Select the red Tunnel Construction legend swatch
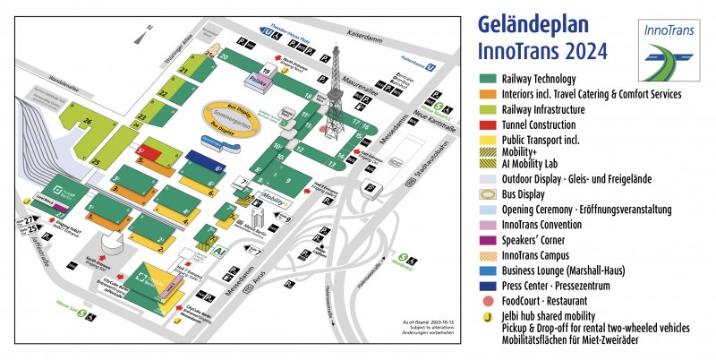[x=490, y=124]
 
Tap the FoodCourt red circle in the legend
[x=490, y=300]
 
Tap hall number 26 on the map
[x=88, y=121]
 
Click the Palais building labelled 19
[x=260, y=80]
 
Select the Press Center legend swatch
[x=490, y=286]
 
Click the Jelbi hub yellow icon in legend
[x=490, y=315]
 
